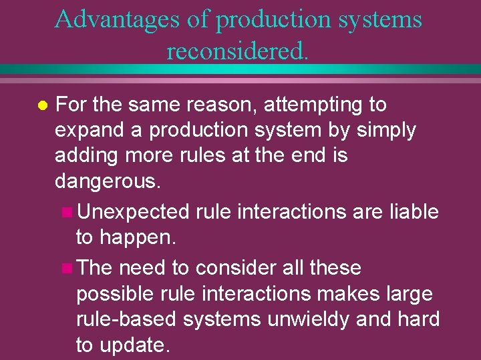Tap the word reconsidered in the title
pos(237,50)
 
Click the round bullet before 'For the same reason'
pos(41,105)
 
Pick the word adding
pos(84,156)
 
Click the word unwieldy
pos(307,319)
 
